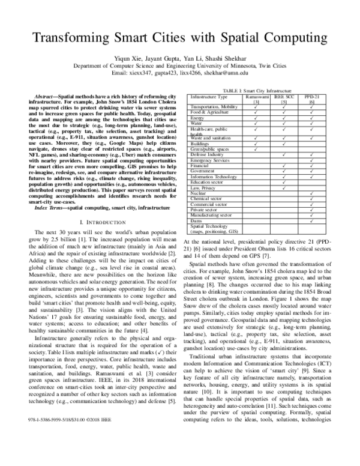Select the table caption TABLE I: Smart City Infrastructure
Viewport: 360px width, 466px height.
(x=254, y=89)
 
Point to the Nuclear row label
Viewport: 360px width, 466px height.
(x=199, y=194)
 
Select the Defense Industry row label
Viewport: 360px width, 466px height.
(x=208, y=156)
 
